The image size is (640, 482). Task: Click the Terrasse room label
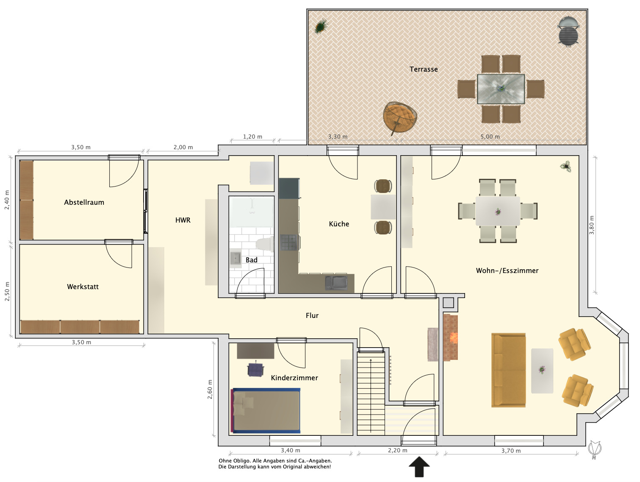tap(424, 69)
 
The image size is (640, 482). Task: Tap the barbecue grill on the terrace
tap(568, 31)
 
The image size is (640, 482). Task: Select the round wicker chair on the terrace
tap(399, 117)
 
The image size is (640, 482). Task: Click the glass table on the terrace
tap(501, 89)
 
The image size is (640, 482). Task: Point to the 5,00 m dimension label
tap(490, 137)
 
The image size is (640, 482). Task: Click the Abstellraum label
tap(84, 202)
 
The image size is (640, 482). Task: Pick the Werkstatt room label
tap(83, 287)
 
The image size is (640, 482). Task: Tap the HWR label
tap(183, 220)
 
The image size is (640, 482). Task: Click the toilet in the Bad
tap(265, 244)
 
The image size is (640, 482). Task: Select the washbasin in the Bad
tap(235, 259)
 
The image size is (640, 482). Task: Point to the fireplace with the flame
tap(451, 337)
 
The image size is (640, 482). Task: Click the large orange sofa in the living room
tap(509, 370)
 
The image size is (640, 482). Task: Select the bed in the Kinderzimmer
tap(266, 410)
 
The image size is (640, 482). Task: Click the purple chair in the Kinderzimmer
tap(256, 369)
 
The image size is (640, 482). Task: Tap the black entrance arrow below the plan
tap(419, 467)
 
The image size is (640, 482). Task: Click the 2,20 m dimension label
tap(397, 450)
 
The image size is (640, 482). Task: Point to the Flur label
tap(312, 315)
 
